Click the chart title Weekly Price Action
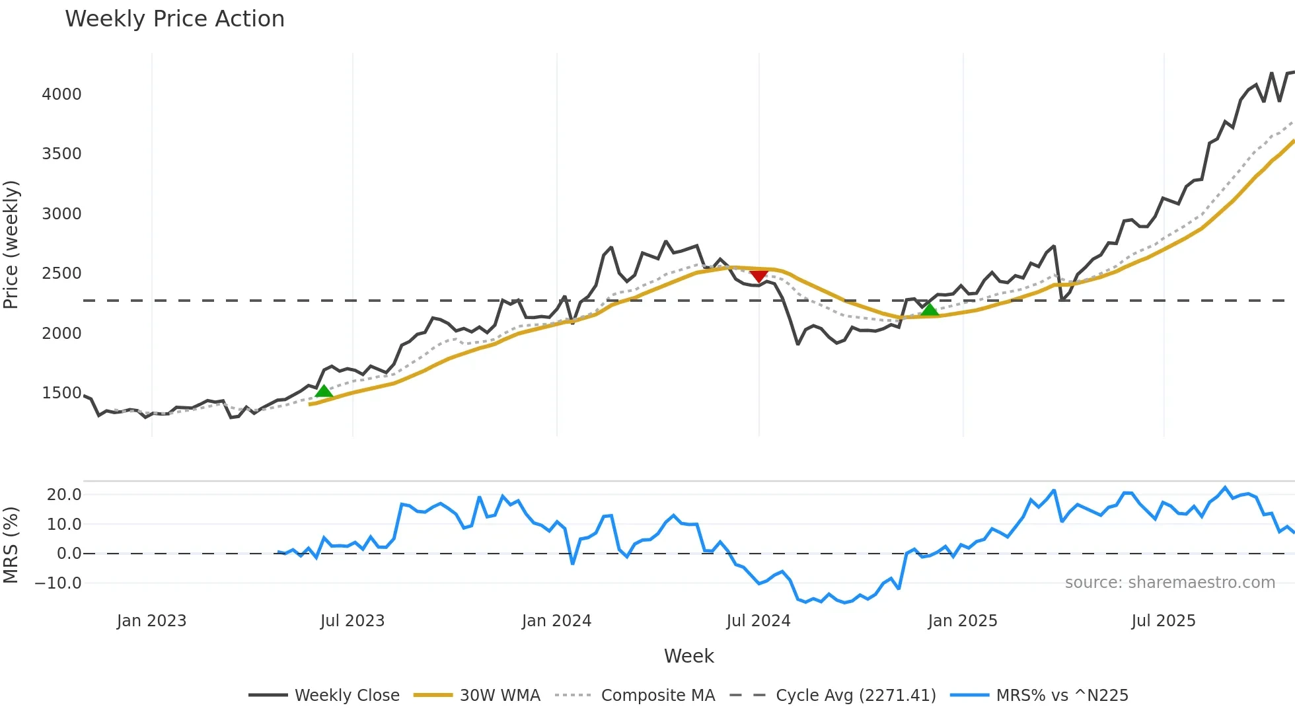pyautogui.click(x=174, y=19)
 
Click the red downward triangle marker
pyautogui.click(x=758, y=275)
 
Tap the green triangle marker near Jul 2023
pyautogui.click(x=324, y=391)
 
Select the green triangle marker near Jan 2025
pyautogui.click(x=930, y=309)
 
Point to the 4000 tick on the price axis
pyautogui.click(x=62, y=94)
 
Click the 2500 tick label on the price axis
pyautogui.click(x=62, y=273)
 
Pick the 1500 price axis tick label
pyautogui.click(x=62, y=393)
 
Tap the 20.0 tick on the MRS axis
pyautogui.click(x=64, y=495)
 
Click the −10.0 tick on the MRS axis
pyautogui.click(x=58, y=583)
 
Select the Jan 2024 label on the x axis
pyautogui.click(x=556, y=621)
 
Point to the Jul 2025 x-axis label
pyautogui.click(x=1164, y=621)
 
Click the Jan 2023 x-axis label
pyautogui.click(x=151, y=621)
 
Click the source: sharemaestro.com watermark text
pyautogui.click(x=1169, y=583)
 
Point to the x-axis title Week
pyautogui.click(x=688, y=656)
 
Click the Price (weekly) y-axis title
pyautogui.click(x=11, y=244)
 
